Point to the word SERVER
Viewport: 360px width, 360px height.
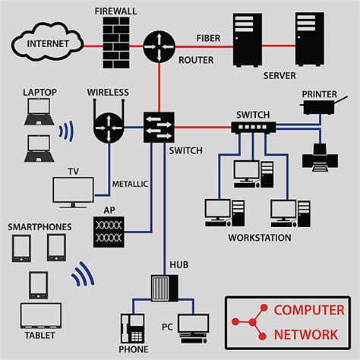(279, 76)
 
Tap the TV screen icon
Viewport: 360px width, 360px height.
(74, 193)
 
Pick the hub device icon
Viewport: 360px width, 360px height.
(164, 288)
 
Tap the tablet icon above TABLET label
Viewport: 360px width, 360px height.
(40, 320)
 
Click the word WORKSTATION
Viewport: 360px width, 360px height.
(259, 238)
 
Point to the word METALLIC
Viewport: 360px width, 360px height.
(130, 184)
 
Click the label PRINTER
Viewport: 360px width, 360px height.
(320, 94)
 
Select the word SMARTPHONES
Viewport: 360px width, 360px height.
(39, 227)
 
